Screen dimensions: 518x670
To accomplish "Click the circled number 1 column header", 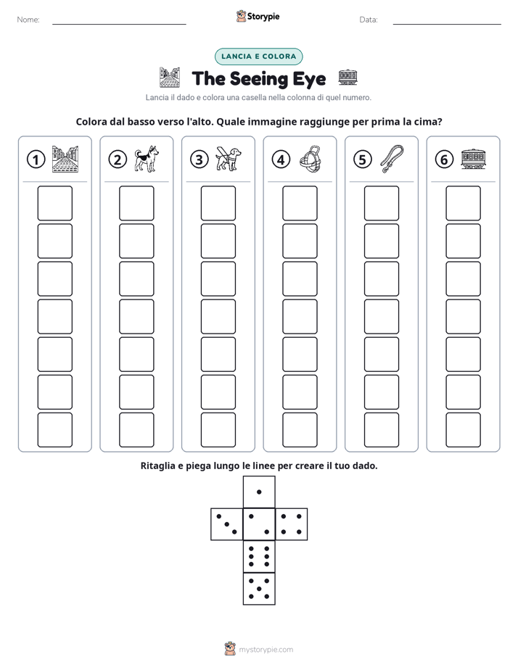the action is click(x=36, y=160).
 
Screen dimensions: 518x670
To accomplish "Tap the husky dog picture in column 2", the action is click(x=147, y=159).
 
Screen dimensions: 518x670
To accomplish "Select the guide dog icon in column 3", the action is click(x=229, y=159).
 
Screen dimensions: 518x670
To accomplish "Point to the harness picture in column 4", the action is click(x=310, y=159).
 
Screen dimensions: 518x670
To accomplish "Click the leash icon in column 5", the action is click(x=392, y=159).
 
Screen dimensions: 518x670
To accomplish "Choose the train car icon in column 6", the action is click(x=474, y=159).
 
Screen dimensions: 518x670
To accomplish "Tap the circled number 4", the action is click(x=281, y=160).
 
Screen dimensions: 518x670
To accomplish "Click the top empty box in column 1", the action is click(x=54, y=203).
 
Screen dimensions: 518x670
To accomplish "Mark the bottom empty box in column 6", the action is click(x=464, y=430).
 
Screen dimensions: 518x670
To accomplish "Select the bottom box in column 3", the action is click(x=218, y=430).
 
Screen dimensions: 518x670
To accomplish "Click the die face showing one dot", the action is click(x=259, y=492).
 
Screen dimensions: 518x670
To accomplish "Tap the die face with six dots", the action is click(x=259, y=556).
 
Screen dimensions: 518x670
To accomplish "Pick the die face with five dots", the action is click(x=259, y=588).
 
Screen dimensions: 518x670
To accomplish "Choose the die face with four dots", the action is click(x=291, y=524).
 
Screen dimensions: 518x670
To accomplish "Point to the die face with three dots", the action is click(x=227, y=524).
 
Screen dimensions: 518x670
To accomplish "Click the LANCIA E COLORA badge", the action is click(x=258, y=57).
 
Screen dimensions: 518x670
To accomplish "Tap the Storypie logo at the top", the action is click(x=258, y=16).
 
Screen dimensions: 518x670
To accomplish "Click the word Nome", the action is click(x=28, y=20).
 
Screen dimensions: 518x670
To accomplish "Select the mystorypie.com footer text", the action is click(x=266, y=650).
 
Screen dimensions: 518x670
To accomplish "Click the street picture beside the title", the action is click(x=170, y=78).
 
